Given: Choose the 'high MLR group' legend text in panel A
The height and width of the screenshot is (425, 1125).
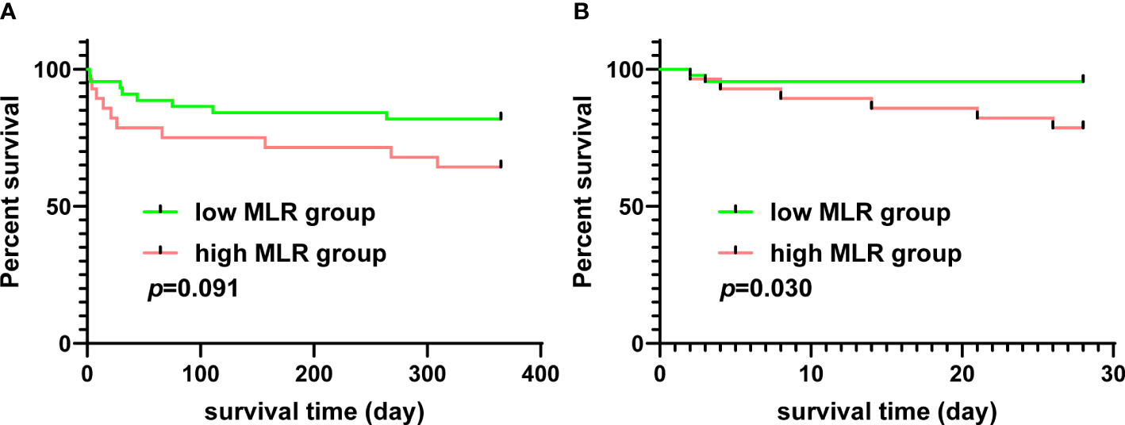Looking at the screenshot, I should (x=290, y=253).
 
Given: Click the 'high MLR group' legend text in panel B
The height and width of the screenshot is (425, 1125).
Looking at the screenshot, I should (x=866, y=253).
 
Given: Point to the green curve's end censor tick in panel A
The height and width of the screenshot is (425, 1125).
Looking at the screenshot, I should (x=501, y=116).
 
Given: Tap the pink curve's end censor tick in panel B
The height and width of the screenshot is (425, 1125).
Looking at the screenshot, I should (x=1082, y=125).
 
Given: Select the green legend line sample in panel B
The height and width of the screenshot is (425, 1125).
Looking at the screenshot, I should (x=736, y=210).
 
